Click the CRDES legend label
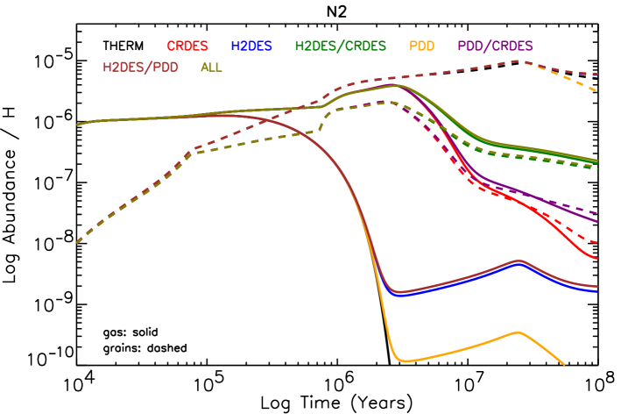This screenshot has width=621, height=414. click(x=187, y=46)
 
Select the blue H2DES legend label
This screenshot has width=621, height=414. click(x=251, y=46)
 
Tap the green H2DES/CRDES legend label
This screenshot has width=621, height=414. click(x=341, y=46)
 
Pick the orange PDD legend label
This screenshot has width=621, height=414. click(x=421, y=46)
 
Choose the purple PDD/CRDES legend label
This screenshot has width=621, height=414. click(x=495, y=46)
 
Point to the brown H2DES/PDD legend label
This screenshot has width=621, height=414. click(x=140, y=67)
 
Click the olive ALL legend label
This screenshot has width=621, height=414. click(x=211, y=67)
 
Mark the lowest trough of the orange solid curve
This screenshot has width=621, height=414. click(x=404, y=360)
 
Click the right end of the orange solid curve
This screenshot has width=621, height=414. click(x=564, y=364)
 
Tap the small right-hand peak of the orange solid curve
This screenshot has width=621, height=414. click(x=519, y=332)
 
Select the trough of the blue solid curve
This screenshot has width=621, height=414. click(x=400, y=295)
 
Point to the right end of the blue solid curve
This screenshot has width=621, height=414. click(x=597, y=291)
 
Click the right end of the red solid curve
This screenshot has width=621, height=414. click(x=597, y=259)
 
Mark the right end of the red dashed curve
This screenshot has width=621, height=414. click(x=597, y=242)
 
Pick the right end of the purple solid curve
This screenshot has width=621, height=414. click(x=597, y=222)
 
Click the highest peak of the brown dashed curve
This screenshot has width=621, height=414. click(x=519, y=61)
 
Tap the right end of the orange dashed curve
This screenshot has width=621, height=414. click(x=597, y=90)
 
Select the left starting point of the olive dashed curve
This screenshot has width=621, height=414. click(x=77, y=242)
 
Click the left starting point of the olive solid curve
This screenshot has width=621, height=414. click(x=77, y=125)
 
